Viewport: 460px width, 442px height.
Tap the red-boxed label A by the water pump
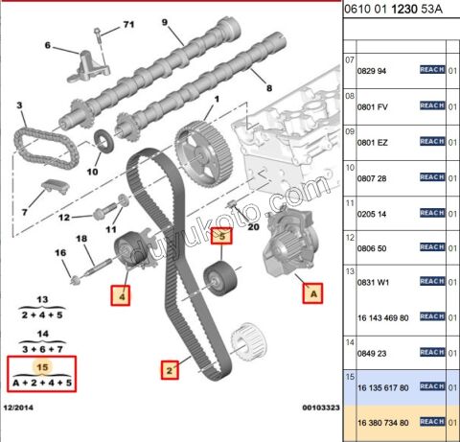[x=311, y=294]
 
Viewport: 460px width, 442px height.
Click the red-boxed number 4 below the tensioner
[x=123, y=294]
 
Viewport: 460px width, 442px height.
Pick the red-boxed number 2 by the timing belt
[x=170, y=368]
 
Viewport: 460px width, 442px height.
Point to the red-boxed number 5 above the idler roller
[x=220, y=234]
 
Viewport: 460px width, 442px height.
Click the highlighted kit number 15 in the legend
[x=40, y=365]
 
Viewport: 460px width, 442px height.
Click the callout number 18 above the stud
[x=81, y=238]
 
